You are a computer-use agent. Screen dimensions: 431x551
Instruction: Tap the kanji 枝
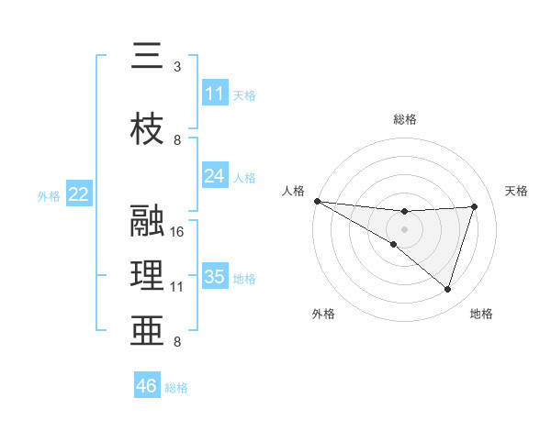click(146, 128)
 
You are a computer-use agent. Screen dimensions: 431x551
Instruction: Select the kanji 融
click(146, 221)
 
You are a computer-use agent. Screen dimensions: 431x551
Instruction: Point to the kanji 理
click(146, 275)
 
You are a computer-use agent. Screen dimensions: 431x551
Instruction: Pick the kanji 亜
click(146, 329)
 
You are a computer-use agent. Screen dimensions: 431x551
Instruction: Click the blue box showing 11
click(215, 94)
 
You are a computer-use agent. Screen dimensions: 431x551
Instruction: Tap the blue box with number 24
click(215, 176)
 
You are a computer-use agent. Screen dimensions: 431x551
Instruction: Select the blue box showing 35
click(215, 277)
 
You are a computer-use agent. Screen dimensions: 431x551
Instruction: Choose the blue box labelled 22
click(79, 194)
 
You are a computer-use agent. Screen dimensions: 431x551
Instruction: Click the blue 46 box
click(147, 386)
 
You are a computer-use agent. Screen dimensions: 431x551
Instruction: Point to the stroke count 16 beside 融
click(177, 232)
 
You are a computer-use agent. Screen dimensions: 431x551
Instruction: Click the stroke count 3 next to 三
click(177, 67)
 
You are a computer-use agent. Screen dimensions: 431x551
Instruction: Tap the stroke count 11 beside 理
click(177, 287)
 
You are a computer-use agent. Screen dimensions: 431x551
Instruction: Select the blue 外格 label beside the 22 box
click(49, 195)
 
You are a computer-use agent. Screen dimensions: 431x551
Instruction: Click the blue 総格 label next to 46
click(176, 388)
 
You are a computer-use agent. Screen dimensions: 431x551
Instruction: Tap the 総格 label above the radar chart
click(405, 119)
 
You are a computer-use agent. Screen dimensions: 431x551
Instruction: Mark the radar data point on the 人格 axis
click(317, 200)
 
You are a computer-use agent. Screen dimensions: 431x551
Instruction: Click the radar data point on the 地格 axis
click(447, 290)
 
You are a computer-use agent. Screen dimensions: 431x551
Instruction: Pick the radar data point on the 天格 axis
click(475, 206)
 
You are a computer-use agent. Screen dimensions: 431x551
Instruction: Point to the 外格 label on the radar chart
click(323, 314)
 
